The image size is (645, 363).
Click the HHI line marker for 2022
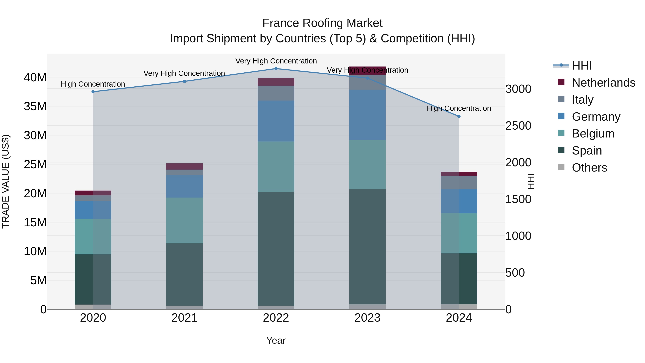pos(276,69)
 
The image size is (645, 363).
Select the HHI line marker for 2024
pos(459,117)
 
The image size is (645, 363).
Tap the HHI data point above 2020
pos(93,92)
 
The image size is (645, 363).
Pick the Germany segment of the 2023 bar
pos(367,115)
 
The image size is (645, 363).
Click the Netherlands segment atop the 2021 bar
pos(185,166)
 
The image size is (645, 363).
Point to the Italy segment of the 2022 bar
pos(276,93)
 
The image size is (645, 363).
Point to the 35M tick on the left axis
pos(35,106)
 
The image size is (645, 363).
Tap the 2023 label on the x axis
pos(367,318)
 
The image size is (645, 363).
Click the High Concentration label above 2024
pos(459,108)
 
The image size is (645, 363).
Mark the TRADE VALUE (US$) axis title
pos(6,181)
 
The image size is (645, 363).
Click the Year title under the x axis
pos(276,340)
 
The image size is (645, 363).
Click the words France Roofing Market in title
pos(322,23)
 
